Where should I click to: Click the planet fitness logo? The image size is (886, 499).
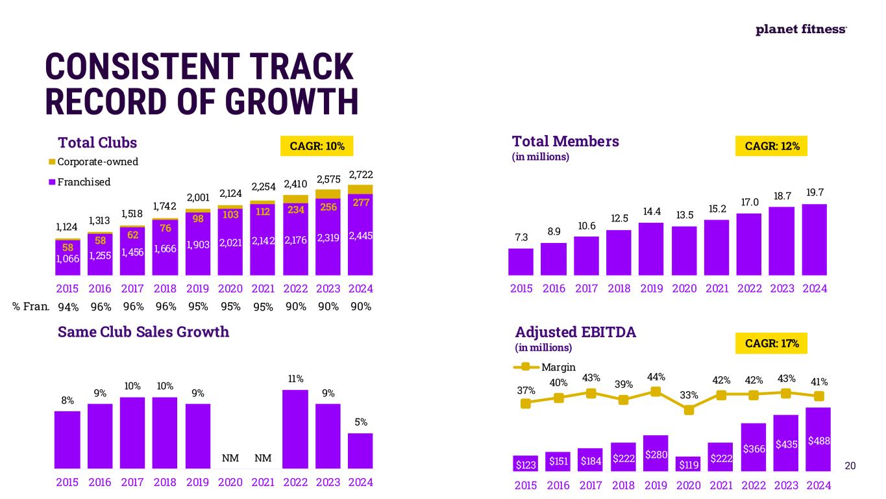tap(801, 30)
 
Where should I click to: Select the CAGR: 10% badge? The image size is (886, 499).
tap(317, 146)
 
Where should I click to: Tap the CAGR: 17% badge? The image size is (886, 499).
tap(772, 343)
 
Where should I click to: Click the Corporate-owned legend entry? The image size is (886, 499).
tap(93, 162)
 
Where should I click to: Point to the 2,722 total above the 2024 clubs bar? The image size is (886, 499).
tap(361, 175)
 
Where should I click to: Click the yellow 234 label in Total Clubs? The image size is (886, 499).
tap(296, 209)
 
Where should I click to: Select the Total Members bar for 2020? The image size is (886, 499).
tap(684, 251)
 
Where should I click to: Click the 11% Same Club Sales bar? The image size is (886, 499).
tap(296, 429)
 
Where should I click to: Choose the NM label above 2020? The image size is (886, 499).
tap(230, 458)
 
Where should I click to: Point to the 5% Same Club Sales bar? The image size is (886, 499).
tap(361, 450)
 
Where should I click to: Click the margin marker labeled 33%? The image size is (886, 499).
tap(689, 410)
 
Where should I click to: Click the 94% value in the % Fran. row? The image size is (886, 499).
tap(68, 307)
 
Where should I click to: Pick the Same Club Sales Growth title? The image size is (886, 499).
tap(143, 332)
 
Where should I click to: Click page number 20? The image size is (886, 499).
tap(851, 465)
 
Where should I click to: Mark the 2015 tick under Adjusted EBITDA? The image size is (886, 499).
tap(526, 485)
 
